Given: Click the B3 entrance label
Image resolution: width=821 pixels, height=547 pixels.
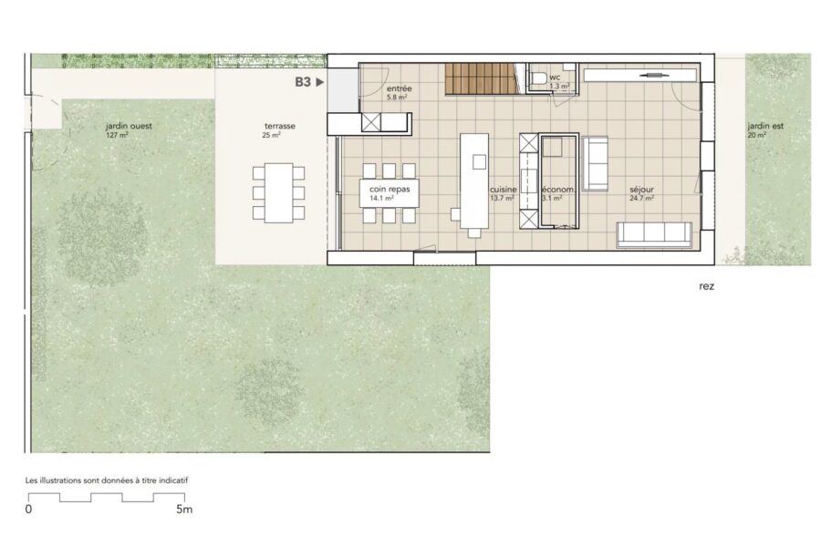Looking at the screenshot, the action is (303, 82).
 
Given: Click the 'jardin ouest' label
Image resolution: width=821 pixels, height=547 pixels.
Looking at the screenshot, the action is (129, 126).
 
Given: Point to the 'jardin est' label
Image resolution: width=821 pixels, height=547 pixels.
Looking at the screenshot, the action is (765, 126).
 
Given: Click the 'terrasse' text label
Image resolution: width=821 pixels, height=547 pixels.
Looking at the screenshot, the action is (280, 126).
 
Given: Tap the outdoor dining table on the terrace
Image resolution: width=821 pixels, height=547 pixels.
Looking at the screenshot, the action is (278, 192).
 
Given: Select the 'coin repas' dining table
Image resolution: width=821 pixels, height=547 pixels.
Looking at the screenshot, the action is (390, 193).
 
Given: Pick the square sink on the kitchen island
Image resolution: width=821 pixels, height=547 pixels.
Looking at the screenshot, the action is (479, 161).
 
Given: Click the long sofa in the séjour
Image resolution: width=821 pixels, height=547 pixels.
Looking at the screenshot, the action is (654, 234).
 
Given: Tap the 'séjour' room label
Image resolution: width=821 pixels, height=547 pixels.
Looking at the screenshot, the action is (641, 190).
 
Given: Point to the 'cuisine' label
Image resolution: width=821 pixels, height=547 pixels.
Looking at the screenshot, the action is (504, 190).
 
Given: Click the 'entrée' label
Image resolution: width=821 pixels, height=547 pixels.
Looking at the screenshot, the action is (399, 89).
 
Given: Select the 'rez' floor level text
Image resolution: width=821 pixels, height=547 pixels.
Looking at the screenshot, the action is (706, 286).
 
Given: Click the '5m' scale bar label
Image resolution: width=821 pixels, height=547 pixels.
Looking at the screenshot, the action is (184, 510).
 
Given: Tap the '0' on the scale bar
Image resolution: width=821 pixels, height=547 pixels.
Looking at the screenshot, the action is (29, 510).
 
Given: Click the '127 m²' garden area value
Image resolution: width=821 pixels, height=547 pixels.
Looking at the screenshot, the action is (117, 135).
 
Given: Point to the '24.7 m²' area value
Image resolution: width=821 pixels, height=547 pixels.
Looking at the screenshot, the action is (641, 199).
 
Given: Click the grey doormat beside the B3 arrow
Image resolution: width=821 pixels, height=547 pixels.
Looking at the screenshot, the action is (343, 90).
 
